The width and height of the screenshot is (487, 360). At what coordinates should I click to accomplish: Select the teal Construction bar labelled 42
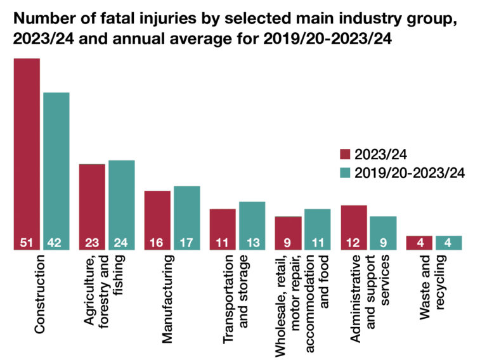[56, 171]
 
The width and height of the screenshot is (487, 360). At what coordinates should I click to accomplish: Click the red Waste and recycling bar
[419, 243]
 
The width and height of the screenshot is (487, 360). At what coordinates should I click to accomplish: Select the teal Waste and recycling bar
[448, 243]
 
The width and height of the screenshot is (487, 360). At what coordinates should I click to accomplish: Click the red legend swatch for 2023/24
[345, 154]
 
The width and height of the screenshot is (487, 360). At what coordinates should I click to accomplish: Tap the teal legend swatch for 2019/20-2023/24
[345, 172]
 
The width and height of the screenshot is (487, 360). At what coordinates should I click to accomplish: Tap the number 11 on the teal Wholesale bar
[317, 242]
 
